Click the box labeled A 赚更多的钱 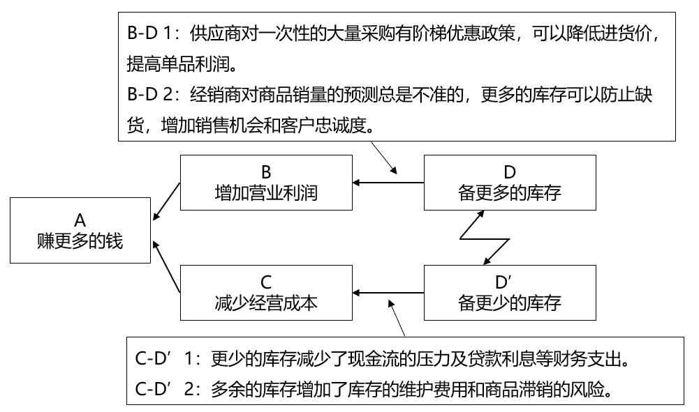(x=80, y=231)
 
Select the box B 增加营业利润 (x=265, y=183)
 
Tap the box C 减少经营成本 (x=265, y=292)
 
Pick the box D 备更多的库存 (x=510, y=183)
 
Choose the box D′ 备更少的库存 (x=510, y=292)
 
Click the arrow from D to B (x=388, y=183)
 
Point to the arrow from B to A (x=166, y=200)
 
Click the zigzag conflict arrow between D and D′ (x=483, y=238)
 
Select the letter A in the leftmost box (x=80, y=220)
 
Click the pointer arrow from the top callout (x=384, y=158)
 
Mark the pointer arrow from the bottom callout (x=397, y=316)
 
